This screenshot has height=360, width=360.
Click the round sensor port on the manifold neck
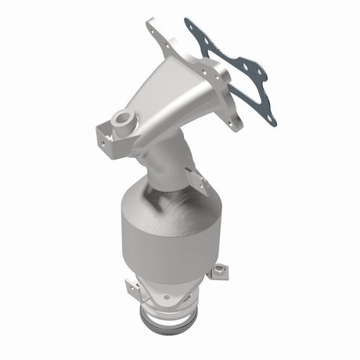point(122,120)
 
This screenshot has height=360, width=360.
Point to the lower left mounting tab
point(134,290)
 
